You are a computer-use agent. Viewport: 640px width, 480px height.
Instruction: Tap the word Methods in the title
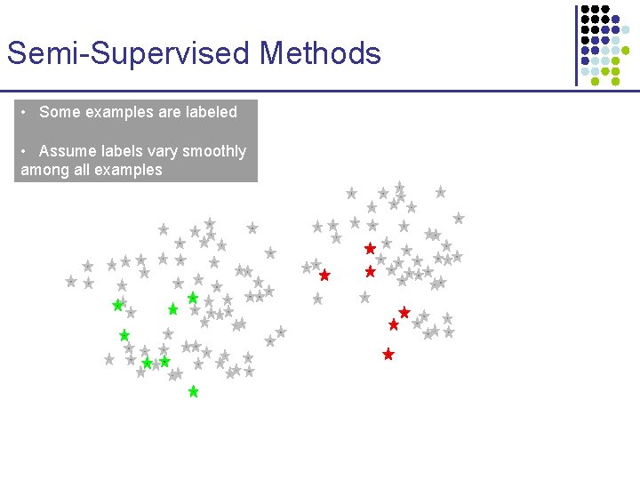tap(321, 53)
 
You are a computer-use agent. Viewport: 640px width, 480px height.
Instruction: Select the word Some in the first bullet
tap(60, 112)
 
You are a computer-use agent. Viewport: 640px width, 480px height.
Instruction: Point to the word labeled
tap(208, 112)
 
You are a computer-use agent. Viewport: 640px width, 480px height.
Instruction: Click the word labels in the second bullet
tap(115, 151)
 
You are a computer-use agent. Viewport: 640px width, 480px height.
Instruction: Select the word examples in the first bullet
tap(117, 112)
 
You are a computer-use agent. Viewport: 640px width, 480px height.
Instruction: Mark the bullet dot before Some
tap(27, 112)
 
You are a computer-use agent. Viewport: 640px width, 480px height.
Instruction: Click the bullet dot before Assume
tap(27, 151)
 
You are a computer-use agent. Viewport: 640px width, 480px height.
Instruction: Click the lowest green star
tap(193, 391)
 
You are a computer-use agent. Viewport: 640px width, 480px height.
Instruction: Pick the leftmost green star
tap(117, 305)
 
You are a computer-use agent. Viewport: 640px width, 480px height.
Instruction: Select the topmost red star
tap(370, 249)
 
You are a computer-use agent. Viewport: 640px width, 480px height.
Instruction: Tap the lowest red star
tap(388, 354)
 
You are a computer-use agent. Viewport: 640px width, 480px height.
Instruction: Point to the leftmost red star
tap(324, 276)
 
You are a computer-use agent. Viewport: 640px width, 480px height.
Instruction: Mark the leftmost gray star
tap(71, 281)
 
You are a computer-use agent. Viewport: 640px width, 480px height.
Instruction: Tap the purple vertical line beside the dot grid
tap(576, 44)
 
